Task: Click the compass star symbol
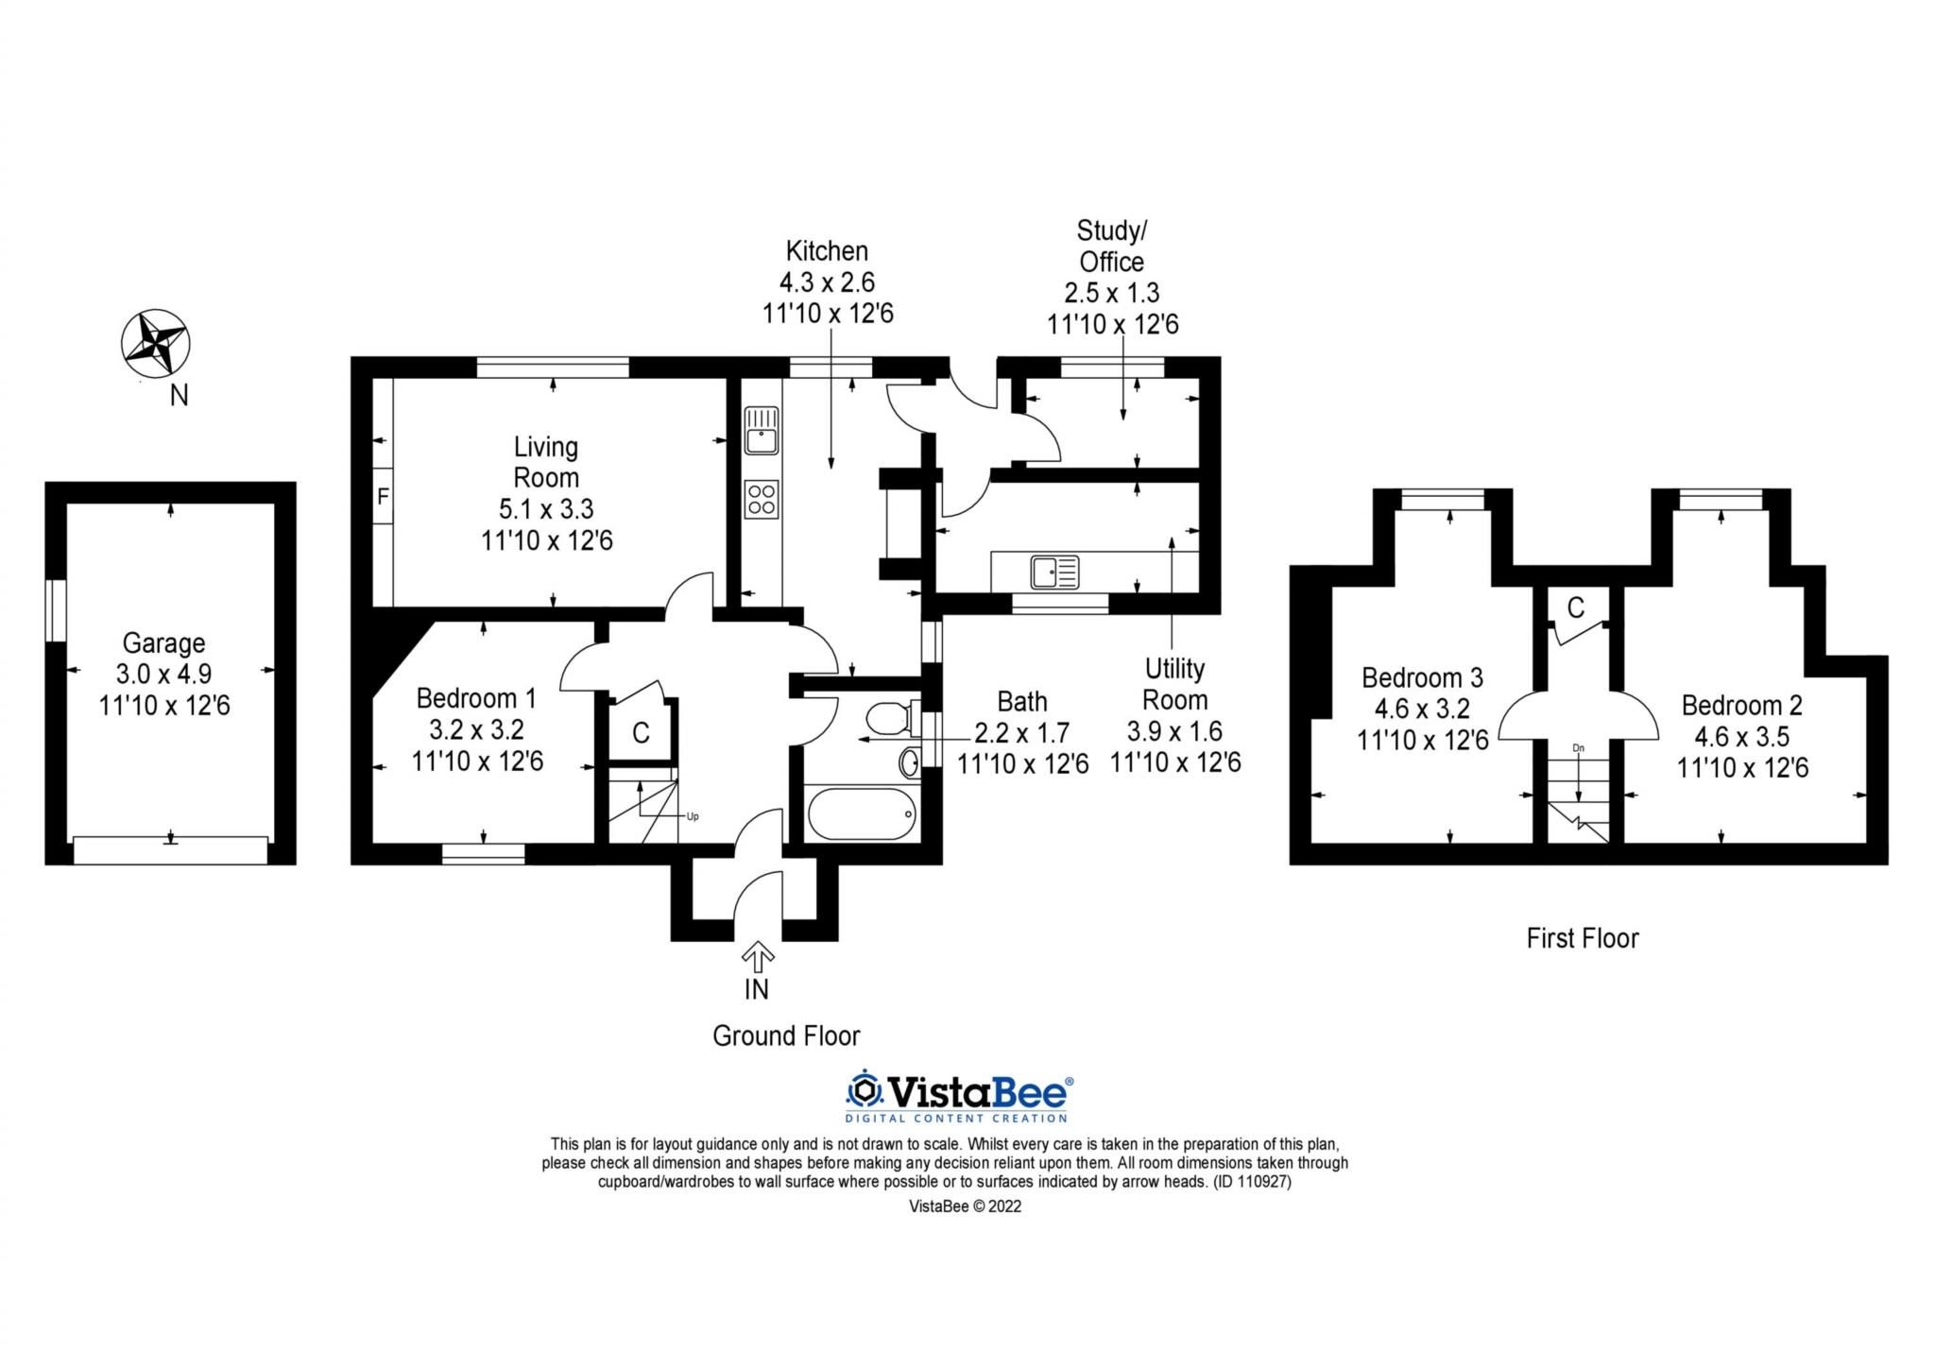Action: [x=156, y=342]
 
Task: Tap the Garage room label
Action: [x=163, y=643]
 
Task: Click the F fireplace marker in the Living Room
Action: [x=383, y=495]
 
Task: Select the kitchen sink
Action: [x=761, y=430]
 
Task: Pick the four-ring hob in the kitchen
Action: [x=761, y=499]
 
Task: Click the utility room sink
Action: [x=1054, y=572]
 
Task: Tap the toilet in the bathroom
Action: [x=891, y=719]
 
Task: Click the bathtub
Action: [x=861, y=813]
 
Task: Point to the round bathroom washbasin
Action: [x=909, y=761]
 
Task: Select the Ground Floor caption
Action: [x=786, y=1036]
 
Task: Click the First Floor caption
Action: [x=1583, y=938]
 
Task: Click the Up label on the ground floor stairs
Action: [x=693, y=816]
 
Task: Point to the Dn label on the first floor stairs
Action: [x=1578, y=748]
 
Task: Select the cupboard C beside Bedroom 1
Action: [x=641, y=732]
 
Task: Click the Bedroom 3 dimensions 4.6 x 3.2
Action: [x=1422, y=709]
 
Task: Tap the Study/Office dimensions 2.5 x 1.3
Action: [x=1112, y=293]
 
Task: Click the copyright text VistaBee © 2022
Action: [x=965, y=1206]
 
